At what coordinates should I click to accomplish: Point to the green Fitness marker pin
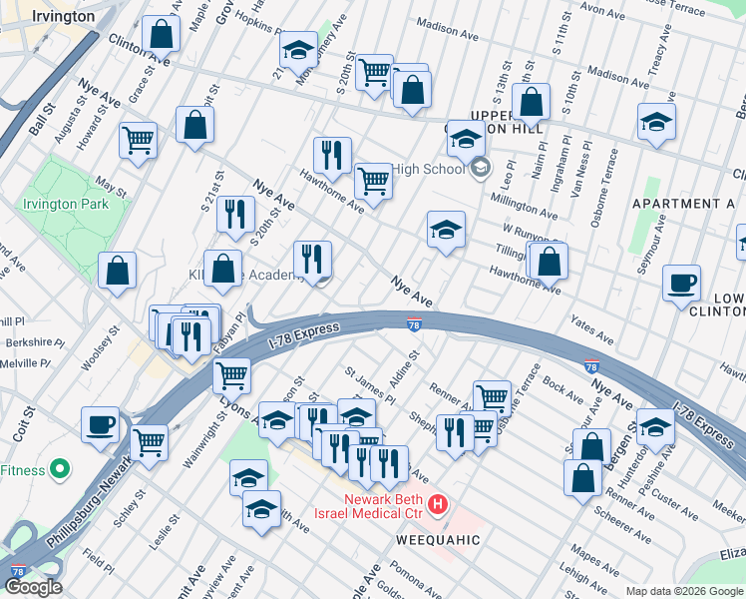[60, 469]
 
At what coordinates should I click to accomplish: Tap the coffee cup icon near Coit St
[100, 423]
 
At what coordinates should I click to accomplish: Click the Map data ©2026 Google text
[684, 591]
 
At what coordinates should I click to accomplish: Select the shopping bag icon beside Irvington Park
[118, 270]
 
